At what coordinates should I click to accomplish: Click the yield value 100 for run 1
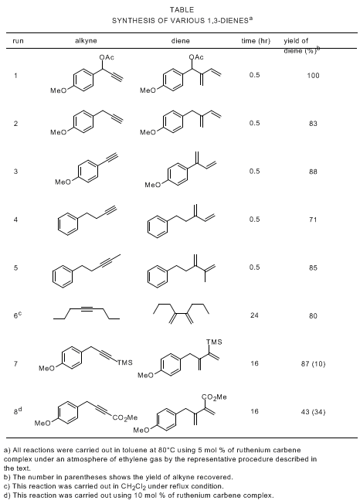(313, 76)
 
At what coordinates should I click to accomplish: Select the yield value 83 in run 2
(313, 124)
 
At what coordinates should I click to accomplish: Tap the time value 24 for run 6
(254, 315)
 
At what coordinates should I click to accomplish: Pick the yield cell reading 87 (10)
(313, 364)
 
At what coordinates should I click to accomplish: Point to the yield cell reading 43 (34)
(313, 412)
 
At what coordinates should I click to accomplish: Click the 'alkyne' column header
(86, 41)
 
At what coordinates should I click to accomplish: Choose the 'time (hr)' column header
(256, 41)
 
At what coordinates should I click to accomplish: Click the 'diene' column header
(180, 41)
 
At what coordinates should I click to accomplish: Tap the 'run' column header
(18, 41)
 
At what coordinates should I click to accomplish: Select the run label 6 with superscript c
(17, 315)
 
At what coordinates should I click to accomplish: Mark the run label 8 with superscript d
(17, 410)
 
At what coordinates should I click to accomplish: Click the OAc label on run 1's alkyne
(107, 57)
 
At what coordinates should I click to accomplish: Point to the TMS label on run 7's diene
(214, 342)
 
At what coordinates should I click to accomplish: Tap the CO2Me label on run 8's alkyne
(125, 417)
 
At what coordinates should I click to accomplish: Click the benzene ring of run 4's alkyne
(68, 224)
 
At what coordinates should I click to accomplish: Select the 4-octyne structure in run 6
(87, 314)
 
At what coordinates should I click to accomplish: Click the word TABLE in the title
(182, 9)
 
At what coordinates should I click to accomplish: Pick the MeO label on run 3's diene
(152, 185)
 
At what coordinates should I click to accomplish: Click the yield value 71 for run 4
(313, 220)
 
